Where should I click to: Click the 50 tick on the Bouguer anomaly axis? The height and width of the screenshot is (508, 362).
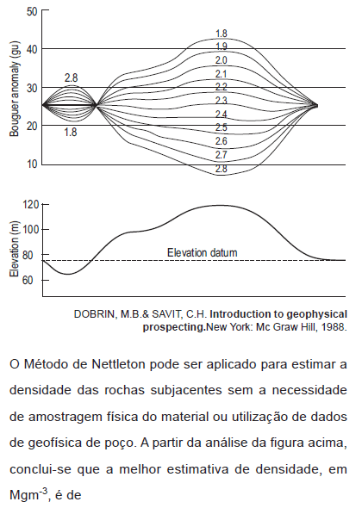click(32, 12)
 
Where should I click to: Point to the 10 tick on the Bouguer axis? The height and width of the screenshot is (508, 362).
click(32, 164)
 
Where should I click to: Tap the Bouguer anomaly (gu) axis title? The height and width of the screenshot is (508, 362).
click(15, 89)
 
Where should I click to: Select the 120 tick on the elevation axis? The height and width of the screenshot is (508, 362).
click(31, 205)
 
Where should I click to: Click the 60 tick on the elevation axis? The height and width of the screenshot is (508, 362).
click(28, 280)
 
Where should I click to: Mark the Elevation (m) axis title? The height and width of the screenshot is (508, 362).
click(15, 249)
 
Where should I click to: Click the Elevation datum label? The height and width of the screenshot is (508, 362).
click(202, 252)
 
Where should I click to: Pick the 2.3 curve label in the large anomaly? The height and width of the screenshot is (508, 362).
click(222, 101)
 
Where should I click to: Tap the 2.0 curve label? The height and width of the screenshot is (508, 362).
click(222, 60)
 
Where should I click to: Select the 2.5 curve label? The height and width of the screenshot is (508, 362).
click(222, 127)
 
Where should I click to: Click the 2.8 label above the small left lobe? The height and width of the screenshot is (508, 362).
click(71, 78)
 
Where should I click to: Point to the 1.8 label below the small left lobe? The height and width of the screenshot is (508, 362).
click(71, 133)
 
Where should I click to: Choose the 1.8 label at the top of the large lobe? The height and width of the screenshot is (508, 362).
click(222, 34)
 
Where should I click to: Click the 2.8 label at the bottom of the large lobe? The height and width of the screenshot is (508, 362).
click(222, 169)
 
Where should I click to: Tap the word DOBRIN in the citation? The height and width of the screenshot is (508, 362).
click(94, 314)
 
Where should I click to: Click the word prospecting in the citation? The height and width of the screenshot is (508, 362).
click(174, 327)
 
